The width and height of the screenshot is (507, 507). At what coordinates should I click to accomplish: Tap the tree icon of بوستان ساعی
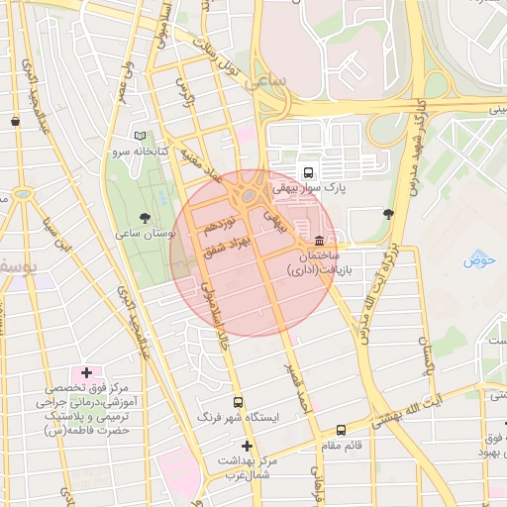tap(147, 216)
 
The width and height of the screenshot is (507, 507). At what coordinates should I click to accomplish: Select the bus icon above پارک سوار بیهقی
tap(307, 171)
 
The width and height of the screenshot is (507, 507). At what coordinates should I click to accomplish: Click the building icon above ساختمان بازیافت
tap(319, 242)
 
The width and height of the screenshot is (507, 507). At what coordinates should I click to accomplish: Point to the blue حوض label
tap(479, 260)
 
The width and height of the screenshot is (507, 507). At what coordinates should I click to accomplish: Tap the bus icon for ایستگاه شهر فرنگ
tap(238, 402)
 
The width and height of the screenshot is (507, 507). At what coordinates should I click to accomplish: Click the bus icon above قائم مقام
tap(342, 430)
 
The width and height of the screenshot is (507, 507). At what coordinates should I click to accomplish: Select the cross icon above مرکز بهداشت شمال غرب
tap(247, 447)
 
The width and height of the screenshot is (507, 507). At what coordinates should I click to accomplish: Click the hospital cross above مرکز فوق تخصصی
tap(86, 373)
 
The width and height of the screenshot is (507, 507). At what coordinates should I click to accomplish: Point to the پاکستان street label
tap(428, 367)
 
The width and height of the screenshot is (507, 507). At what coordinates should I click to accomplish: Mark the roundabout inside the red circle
tap(246, 195)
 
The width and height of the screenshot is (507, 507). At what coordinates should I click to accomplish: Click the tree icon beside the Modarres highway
tap(387, 213)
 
